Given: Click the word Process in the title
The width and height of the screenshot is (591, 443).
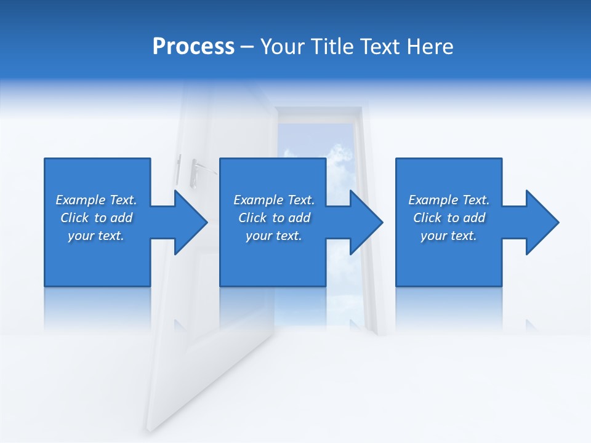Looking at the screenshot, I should (193, 46).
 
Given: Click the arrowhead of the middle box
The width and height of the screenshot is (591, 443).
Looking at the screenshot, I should (368, 222).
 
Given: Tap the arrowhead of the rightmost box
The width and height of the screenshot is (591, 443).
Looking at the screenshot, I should (544, 222).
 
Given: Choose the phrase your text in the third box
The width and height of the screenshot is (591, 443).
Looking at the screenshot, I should (448, 236).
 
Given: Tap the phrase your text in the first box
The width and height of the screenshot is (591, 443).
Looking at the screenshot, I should (96, 236).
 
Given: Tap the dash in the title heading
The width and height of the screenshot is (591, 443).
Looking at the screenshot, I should (247, 47).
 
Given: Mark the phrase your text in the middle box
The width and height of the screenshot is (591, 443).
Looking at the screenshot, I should (273, 236).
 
